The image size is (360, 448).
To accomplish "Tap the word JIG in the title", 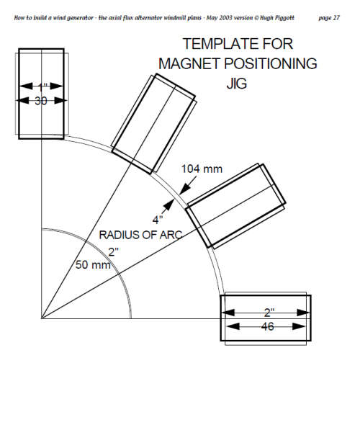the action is (237, 84).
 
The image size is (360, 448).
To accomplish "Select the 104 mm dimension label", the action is (202, 169).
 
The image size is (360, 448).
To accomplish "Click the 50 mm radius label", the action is (93, 265).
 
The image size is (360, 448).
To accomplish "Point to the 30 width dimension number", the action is (41, 101).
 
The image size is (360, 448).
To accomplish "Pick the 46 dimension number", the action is (267, 326).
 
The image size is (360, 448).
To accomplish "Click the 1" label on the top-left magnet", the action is (42, 87).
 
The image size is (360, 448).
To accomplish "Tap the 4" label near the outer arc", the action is (158, 220).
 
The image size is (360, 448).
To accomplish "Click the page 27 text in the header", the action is (329, 18).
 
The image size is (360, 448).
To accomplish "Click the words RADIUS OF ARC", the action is (140, 235).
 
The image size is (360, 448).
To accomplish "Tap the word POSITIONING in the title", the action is (270, 63).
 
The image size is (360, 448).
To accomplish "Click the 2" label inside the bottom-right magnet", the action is (269, 313).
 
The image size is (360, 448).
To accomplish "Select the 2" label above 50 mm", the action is (113, 252).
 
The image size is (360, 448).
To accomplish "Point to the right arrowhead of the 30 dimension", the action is (60, 101).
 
